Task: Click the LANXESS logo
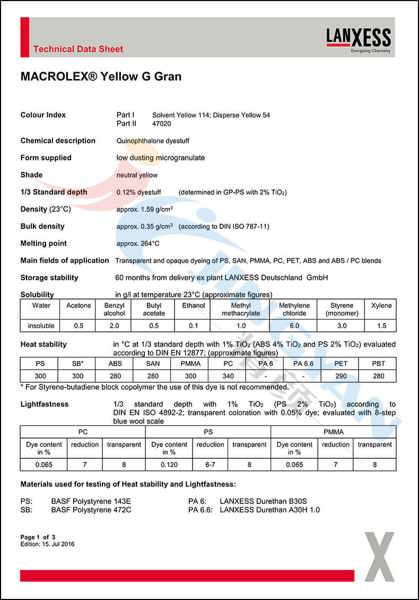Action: coord(359,39)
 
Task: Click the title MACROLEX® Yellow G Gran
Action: coord(101,76)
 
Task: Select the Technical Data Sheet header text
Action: coord(78,49)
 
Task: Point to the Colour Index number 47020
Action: coord(162,124)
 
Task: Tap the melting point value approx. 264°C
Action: coord(138,244)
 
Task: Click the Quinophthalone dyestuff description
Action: coord(153,141)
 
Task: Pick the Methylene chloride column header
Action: coord(294,309)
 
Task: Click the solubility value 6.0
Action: coord(294,326)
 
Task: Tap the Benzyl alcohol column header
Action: coord(114,309)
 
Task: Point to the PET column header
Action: coord(341,363)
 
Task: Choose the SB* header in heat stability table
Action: coord(78,363)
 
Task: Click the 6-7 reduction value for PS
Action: coord(210,465)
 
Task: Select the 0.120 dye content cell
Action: coord(169,465)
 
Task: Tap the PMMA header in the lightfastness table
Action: coord(333,432)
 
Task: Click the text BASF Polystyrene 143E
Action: coord(91,501)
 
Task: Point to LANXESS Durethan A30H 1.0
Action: coord(269,510)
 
